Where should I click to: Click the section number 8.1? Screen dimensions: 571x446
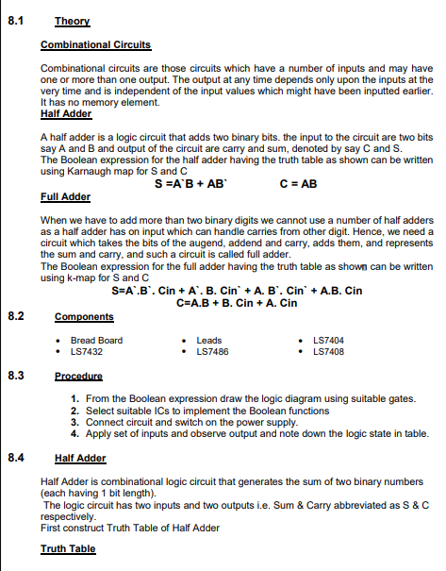pyautogui.click(x=14, y=19)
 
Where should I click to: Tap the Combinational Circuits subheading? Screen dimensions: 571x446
pyautogui.click(x=95, y=45)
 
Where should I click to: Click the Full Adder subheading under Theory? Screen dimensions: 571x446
pyautogui.click(x=65, y=198)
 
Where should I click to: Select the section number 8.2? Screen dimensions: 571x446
pyautogui.click(x=14, y=317)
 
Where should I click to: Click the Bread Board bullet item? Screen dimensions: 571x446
pyautogui.click(x=96, y=341)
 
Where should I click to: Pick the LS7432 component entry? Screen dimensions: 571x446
pyautogui.click(x=86, y=352)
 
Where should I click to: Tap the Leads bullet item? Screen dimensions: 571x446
pyautogui.click(x=208, y=341)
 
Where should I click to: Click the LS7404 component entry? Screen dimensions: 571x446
pyautogui.click(x=328, y=341)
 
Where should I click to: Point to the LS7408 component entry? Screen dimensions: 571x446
pyautogui.click(x=328, y=352)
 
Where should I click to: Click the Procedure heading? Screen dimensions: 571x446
pyautogui.click(x=78, y=376)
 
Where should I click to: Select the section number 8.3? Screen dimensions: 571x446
pyautogui.click(x=14, y=376)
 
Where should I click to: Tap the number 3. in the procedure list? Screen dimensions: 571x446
pyautogui.click(x=74, y=422)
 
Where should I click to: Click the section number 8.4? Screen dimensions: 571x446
pyautogui.click(x=14, y=458)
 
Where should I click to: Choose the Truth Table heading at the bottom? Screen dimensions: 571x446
pyautogui.click(x=68, y=548)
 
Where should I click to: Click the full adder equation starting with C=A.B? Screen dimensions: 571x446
pyautogui.click(x=237, y=303)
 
